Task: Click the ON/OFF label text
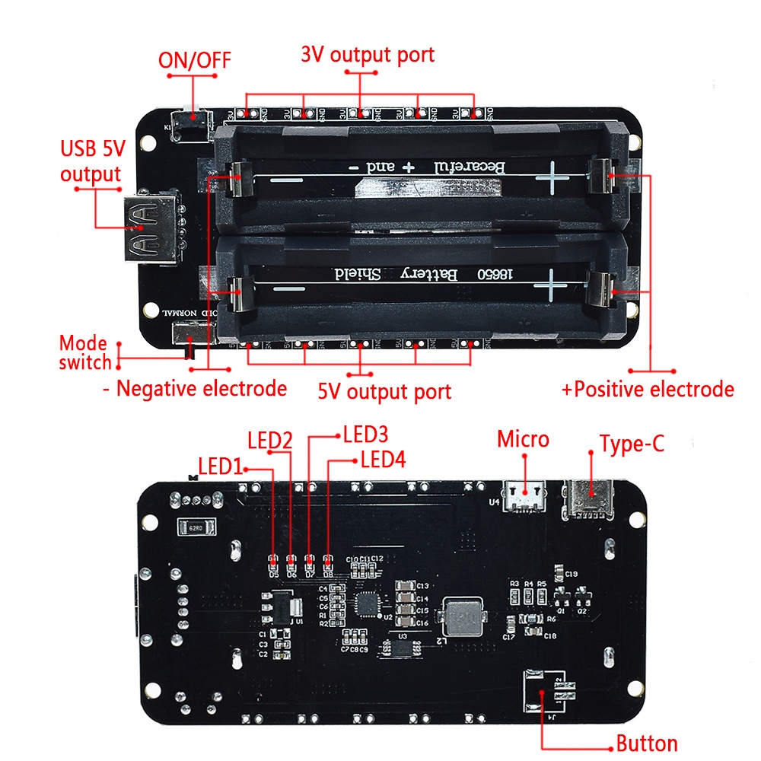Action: pos(194,60)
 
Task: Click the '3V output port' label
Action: pos(368,55)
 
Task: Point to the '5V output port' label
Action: pos(384,391)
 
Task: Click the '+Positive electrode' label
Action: pos(648,390)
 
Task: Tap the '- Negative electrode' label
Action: pos(195,389)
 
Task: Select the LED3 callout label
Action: pos(365,435)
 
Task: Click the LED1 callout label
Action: pos(220,466)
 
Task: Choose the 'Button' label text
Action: pos(646,743)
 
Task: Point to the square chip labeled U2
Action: pos(369,604)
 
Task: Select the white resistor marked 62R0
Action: pos(196,527)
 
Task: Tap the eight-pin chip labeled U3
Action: pos(403,648)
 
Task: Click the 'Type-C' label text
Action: pos(632,444)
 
